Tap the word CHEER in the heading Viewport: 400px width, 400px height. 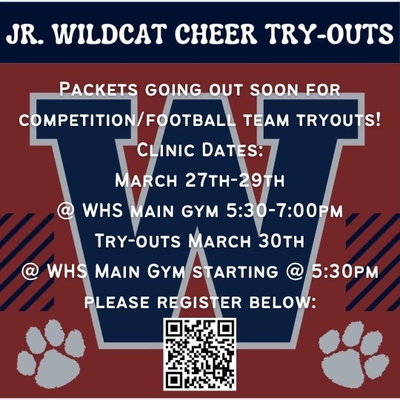tap(216, 34)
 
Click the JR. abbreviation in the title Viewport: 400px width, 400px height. tap(26, 34)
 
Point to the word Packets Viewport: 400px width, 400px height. tap(99, 90)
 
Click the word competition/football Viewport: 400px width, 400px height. tap(127, 120)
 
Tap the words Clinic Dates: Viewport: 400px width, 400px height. tap(200, 150)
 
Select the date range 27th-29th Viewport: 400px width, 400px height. tap(235, 180)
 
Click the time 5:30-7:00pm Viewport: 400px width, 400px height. tap(284, 210)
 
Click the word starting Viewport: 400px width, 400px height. tap(235, 271)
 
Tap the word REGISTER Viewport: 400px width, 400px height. tap(199, 302)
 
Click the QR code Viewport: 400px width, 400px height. tap(200, 354)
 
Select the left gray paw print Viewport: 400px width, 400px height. tap(51, 354)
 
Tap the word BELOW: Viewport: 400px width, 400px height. tap(283, 302)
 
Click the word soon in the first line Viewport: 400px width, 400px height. tap(274, 90)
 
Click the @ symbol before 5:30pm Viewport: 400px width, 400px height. tap(295, 271)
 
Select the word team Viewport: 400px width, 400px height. tap(266, 120)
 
